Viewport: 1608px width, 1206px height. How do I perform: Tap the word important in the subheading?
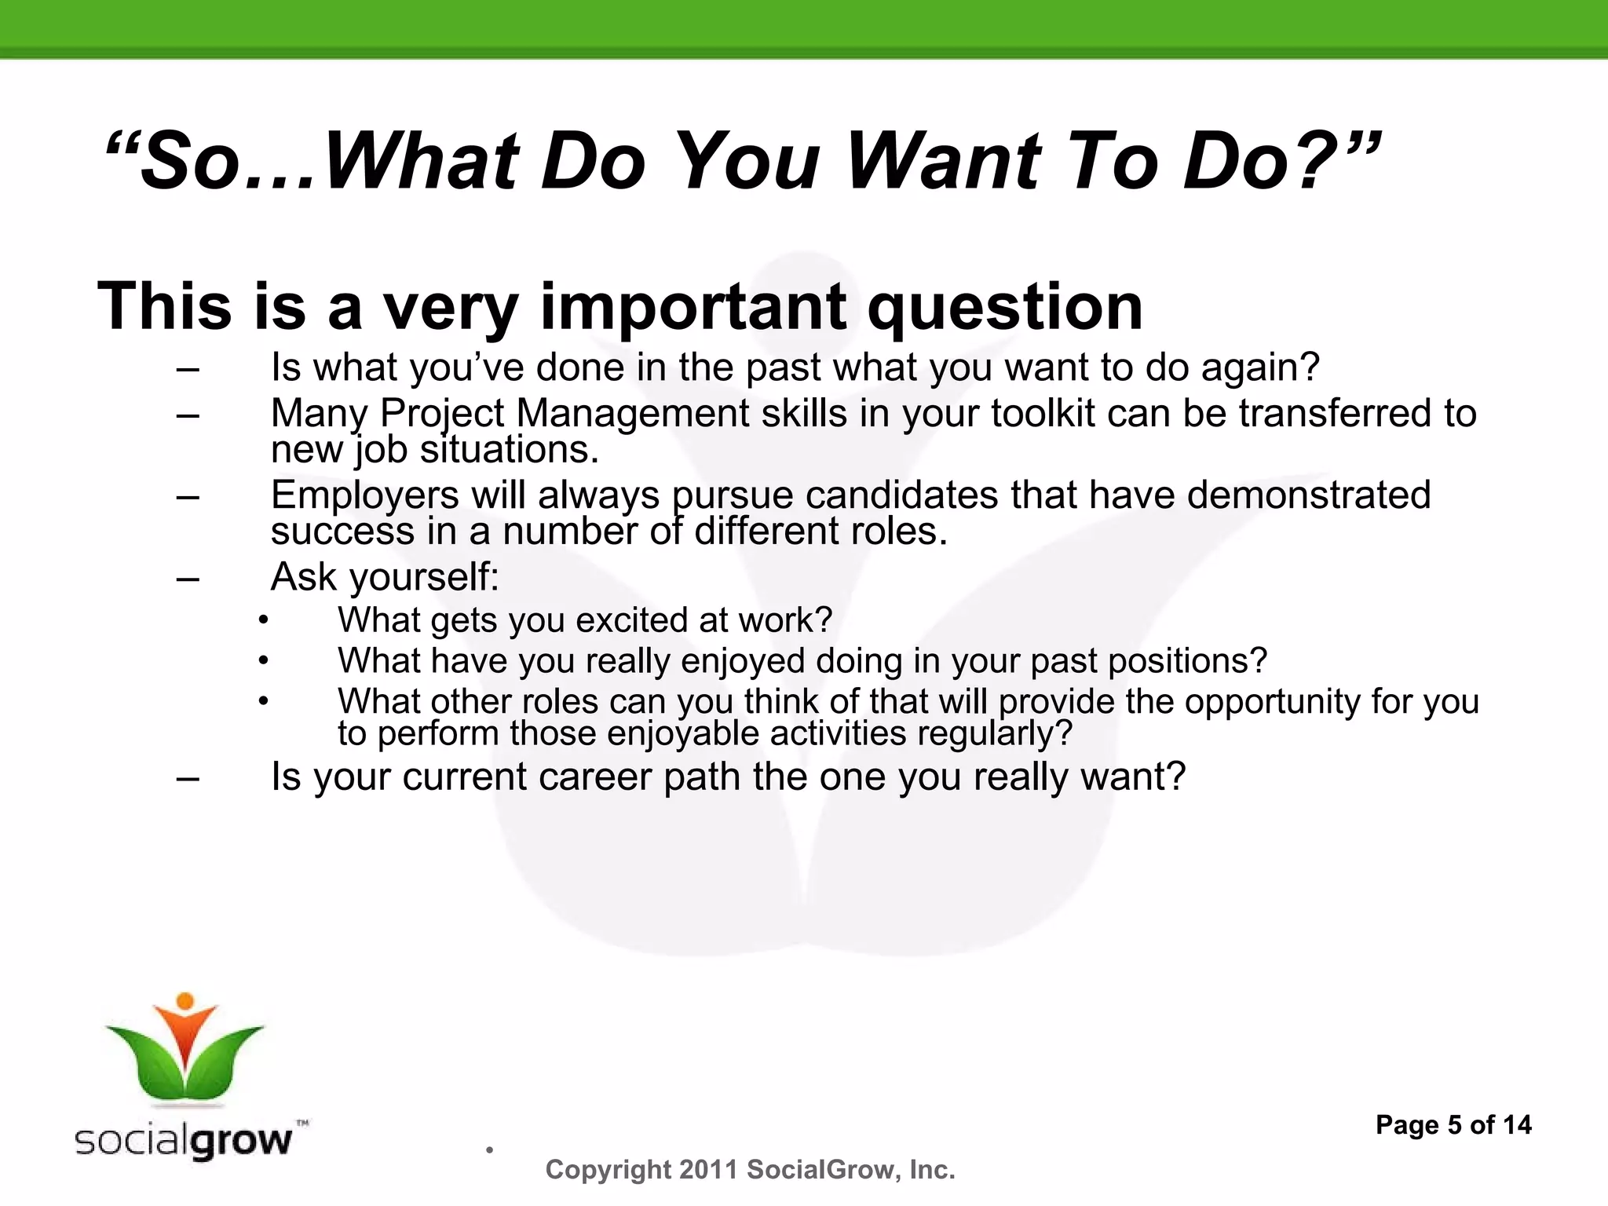click(x=694, y=308)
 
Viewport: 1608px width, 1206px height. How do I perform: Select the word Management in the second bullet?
click(x=632, y=414)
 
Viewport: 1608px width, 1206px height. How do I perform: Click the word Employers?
click(x=364, y=496)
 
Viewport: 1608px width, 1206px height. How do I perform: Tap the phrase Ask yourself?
click(x=385, y=578)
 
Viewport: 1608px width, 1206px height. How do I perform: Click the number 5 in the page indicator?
click(x=1454, y=1125)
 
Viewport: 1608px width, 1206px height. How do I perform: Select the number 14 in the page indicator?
click(x=1516, y=1125)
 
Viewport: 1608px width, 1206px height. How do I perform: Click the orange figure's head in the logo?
click(x=185, y=1001)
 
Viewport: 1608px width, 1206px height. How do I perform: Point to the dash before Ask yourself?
click(x=188, y=579)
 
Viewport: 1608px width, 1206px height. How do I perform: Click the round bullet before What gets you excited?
click(x=264, y=621)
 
